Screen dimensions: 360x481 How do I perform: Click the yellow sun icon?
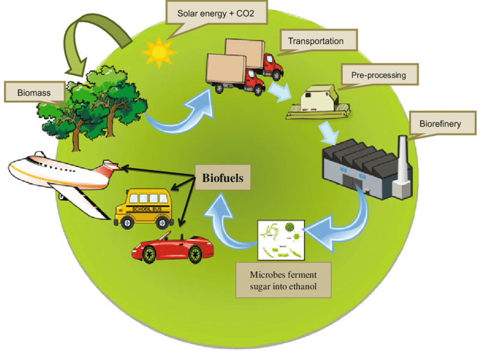(x=158, y=53)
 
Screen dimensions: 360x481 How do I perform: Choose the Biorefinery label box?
(x=440, y=123)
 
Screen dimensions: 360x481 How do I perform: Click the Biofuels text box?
(x=223, y=178)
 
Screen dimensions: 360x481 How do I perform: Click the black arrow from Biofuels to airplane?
(x=158, y=171)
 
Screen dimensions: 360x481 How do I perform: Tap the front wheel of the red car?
(x=149, y=256)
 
